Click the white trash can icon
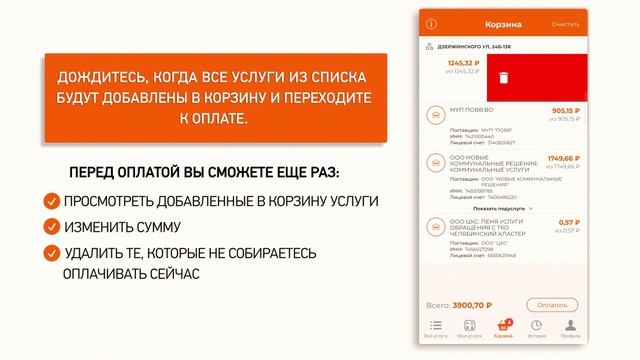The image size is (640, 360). [506, 77]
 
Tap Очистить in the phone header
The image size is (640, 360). [565, 23]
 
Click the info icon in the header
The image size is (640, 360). [432, 23]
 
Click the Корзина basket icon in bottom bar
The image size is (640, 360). [503, 325]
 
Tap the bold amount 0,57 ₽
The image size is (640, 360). [568, 222]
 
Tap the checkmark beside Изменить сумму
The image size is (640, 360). [50, 227]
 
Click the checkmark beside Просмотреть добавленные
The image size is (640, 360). [50, 201]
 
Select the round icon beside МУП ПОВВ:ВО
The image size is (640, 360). [434, 117]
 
